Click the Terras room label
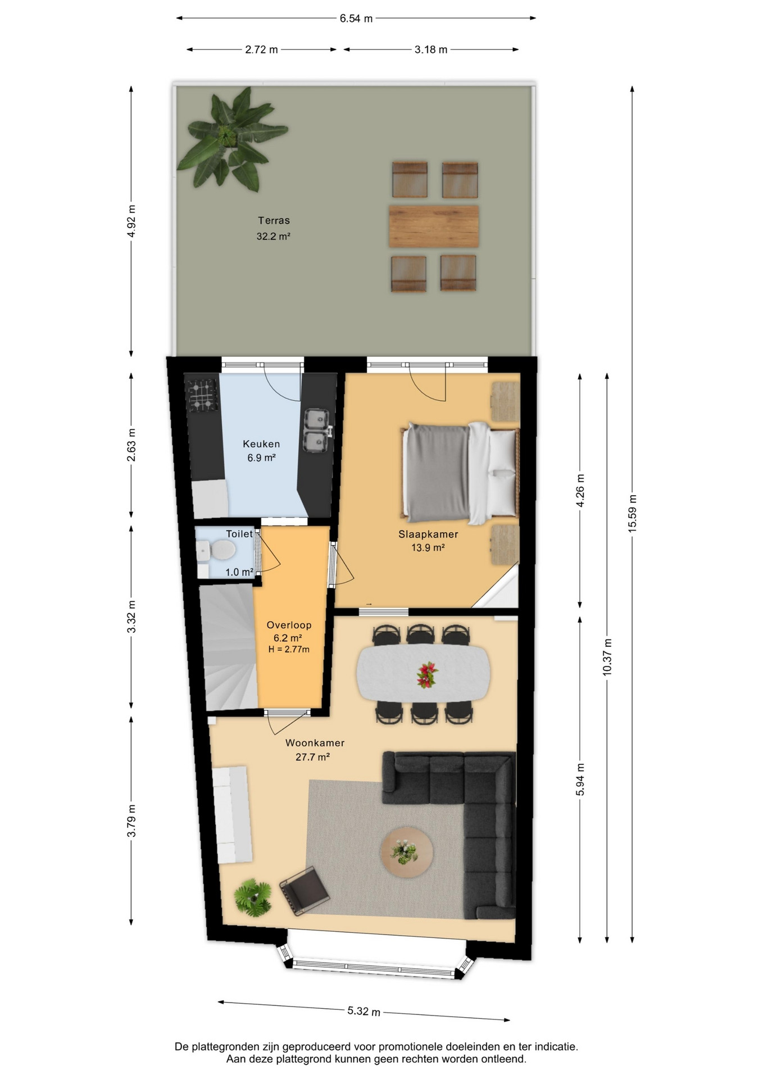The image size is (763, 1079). (274, 220)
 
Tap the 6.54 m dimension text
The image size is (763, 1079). (356, 19)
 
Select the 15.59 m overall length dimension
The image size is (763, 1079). (633, 514)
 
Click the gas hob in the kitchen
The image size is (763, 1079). (202, 393)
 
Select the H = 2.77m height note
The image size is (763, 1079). (289, 650)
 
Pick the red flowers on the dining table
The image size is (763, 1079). (428, 674)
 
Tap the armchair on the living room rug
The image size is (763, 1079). (304, 890)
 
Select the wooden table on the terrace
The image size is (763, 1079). (434, 226)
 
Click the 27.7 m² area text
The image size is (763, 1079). (312, 757)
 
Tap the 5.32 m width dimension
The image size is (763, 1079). (364, 1011)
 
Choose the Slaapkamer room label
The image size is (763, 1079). (428, 534)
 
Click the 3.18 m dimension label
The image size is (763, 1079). (431, 50)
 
